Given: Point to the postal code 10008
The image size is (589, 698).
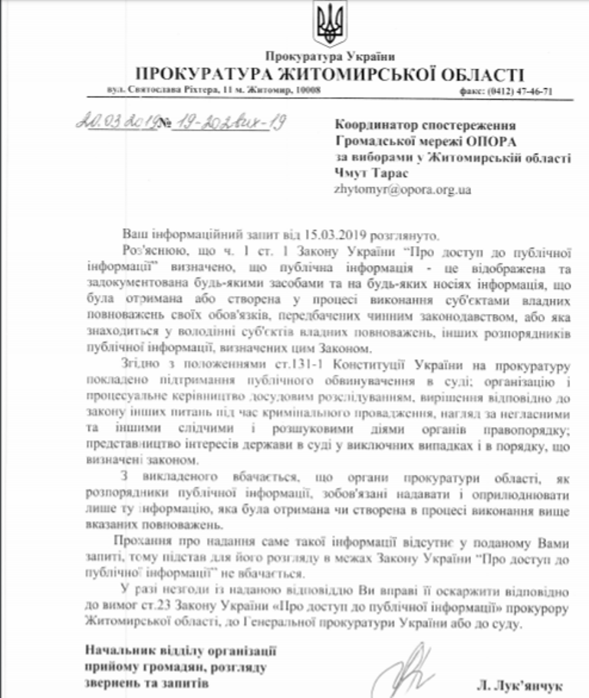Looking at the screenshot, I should [x=307, y=91].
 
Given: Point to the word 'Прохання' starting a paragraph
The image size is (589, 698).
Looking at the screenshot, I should [x=146, y=543].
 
